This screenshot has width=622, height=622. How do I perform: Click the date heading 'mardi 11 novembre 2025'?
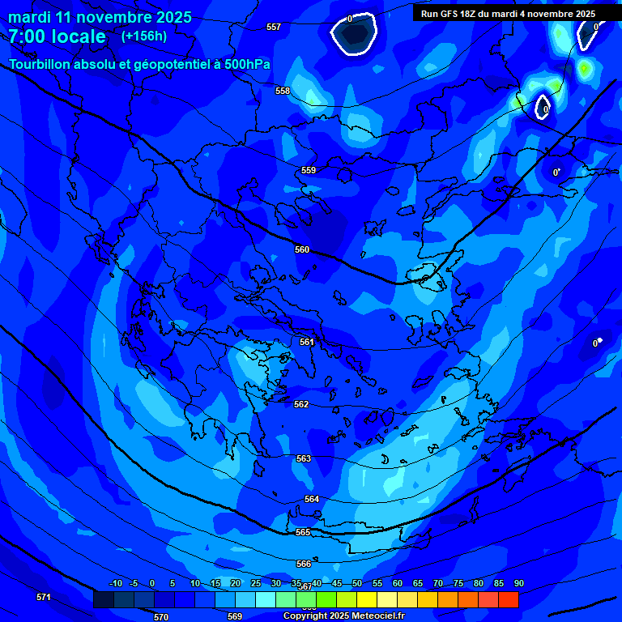(x=100, y=17)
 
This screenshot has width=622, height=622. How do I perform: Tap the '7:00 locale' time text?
(x=57, y=36)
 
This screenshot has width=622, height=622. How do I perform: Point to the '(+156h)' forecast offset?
(x=143, y=36)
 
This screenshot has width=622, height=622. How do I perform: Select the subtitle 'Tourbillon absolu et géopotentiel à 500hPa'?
(x=140, y=65)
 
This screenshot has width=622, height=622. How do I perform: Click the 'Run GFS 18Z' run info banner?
(x=508, y=14)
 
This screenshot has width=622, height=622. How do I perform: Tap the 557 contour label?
(x=274, y=27)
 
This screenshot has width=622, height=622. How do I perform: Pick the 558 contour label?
(x=282, y=91)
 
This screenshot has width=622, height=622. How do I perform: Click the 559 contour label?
(x=309, y=170)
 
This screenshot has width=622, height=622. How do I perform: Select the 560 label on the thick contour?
(x=302, y=249)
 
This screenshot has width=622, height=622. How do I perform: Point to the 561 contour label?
(x=307, y=342)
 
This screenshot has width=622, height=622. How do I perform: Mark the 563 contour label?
(x=304, y=458)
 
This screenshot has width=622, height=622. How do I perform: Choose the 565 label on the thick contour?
(x=303, y=532)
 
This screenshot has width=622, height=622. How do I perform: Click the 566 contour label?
(x=304, y=564)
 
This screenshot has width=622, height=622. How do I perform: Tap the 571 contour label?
(x=44, y=597)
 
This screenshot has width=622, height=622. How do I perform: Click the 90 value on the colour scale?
(x=518, y=584)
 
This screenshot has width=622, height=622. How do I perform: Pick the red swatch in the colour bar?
(x=509, y=600)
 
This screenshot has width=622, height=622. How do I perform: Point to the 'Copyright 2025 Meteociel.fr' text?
(x=343, y=616)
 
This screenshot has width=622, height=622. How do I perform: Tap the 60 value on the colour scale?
(x=397, y=584)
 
